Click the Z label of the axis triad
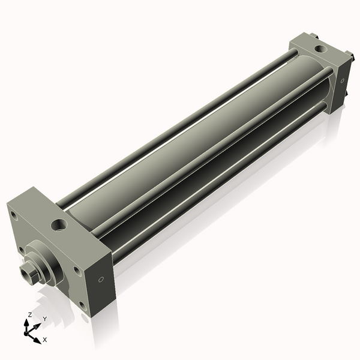coord(30,314)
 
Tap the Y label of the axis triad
coord(44,318)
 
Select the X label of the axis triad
coord(44,340)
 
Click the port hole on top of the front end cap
coord(59,225)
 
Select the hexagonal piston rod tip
coord(26,274)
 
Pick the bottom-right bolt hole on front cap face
coord(82,304)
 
